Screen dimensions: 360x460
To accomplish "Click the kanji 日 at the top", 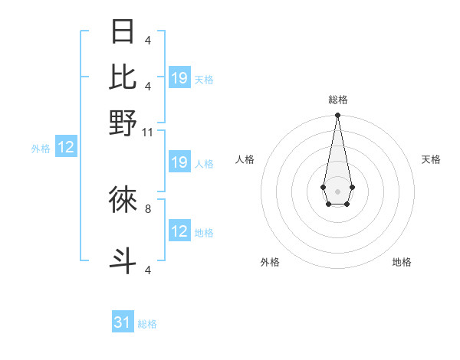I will tap(123, 33).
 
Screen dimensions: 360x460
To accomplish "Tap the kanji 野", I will tap(123, 123).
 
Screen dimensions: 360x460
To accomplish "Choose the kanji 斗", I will tap(123, 260).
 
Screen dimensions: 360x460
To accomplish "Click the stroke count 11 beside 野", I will tap(148, 133).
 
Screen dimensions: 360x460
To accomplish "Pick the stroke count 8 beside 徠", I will tap(148, 208).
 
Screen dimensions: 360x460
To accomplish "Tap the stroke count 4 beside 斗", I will tap(148, 270).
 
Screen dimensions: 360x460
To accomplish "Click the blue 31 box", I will tap(123, 322).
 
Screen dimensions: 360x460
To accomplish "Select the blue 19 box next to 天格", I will tap(179, 78).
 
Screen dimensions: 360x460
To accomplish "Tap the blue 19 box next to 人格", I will tap(179, 162).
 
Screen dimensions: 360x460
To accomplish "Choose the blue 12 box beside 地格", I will tap(179, 231).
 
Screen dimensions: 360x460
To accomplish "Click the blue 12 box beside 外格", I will tap(66, 148).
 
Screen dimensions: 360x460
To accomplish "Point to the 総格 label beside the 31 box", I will tap(147, 324).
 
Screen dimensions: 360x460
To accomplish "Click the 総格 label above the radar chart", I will tap(337, 100).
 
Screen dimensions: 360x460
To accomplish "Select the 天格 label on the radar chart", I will tap(432, 159).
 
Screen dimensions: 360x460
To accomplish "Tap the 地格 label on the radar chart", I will tap(402, 262).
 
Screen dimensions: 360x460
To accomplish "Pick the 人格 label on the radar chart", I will tap(245, 159).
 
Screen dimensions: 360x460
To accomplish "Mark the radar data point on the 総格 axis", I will tap(337, 116).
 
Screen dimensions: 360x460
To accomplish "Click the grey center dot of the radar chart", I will tap(337, 191).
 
